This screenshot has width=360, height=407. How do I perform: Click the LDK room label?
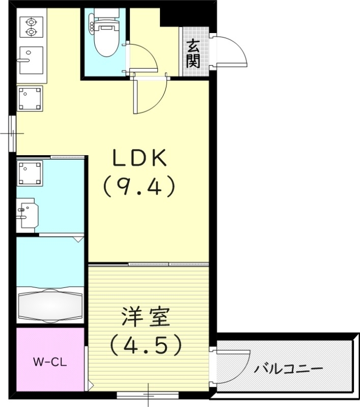[x=139, y=159]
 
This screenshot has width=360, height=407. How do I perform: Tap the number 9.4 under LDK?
[x=139, y=187]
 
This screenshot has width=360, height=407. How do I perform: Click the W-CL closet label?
[x=50, y=362]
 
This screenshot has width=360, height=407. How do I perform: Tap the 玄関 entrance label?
[x=193, y=54]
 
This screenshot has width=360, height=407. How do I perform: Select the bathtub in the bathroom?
[x=50, y=304]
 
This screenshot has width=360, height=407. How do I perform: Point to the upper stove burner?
[x=31, y=22]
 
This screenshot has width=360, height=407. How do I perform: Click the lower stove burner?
[x=31, y=32]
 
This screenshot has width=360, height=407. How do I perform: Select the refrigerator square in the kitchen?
[x=30, y=98]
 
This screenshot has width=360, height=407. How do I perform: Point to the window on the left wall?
[x=12, y=133]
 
